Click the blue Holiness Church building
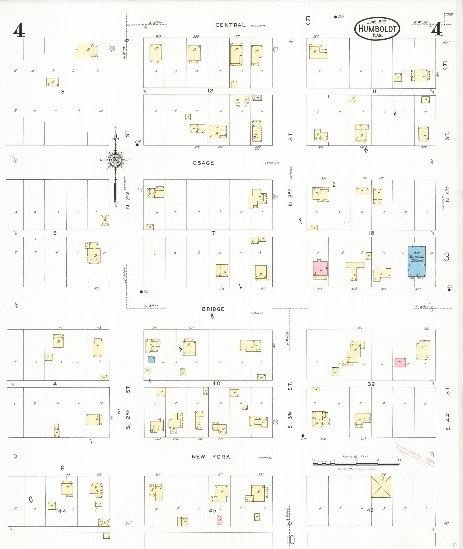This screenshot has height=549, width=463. coord(417,261)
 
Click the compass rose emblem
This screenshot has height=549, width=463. coord(115,160)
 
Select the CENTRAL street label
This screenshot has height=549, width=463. coord(230,25)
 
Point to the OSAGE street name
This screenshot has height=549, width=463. coord(203,163)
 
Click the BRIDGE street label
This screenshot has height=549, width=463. coord(213,309)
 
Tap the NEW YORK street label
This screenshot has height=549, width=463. coord(211,457)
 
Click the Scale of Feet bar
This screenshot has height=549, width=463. coord(356,463)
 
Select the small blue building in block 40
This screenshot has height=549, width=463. coord(151,360)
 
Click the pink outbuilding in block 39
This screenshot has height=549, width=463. coord(400,362)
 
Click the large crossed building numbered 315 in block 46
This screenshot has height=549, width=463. coord(381,487)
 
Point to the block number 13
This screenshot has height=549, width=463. coord(61,92)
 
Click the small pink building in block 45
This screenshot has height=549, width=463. coord(219,520)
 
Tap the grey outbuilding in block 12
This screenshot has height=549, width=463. coord(257,98)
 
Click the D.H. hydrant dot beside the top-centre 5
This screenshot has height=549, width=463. coord(336,17)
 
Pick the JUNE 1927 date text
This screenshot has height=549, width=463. coord(376,22)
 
